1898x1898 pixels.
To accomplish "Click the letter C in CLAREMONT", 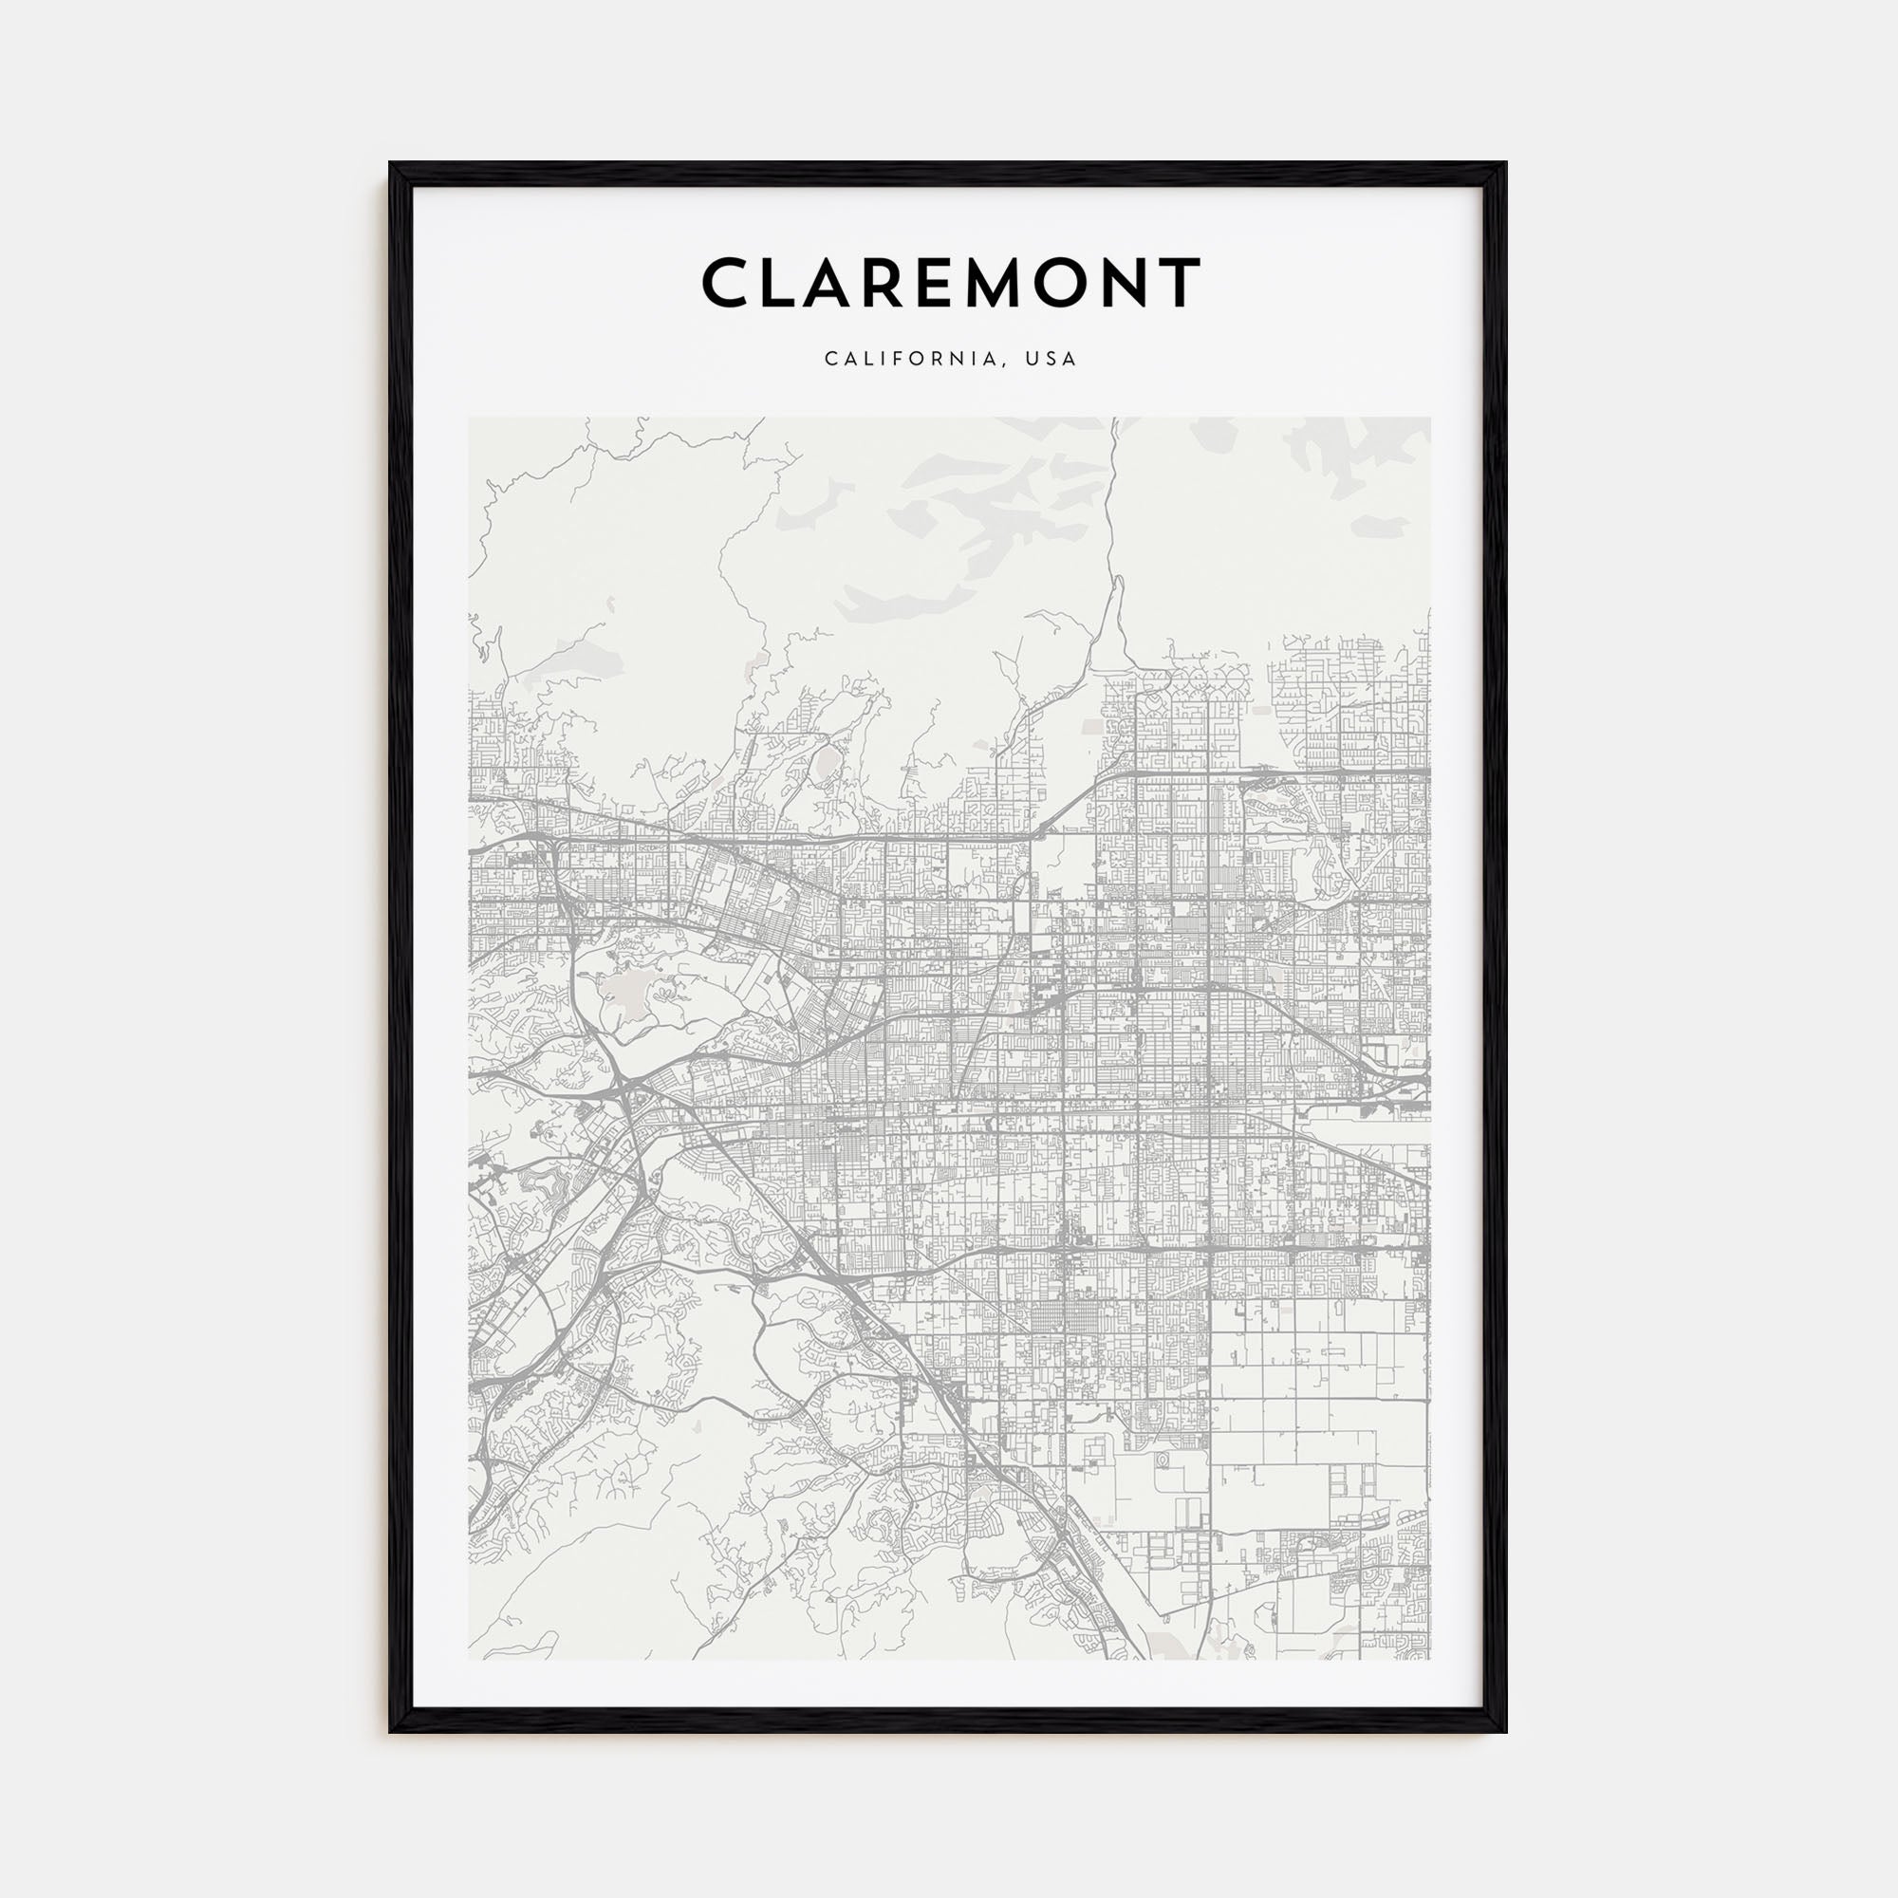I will point(729,283).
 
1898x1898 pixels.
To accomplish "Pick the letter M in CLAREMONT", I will point(1029,283).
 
